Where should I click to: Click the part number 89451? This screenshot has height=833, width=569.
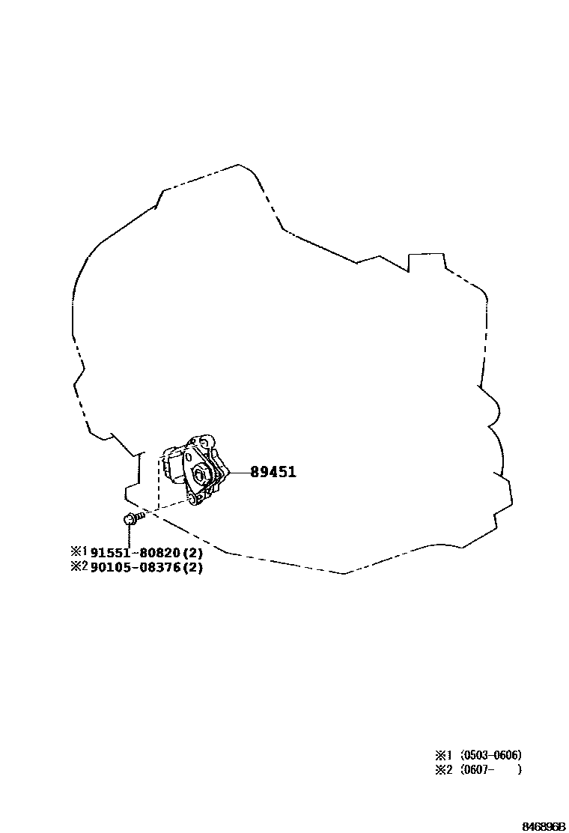(x=273, y=472)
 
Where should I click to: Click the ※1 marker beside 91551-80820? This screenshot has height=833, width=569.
(x=79, y=551)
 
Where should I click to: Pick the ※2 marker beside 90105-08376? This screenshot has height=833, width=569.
(x=79, y=566)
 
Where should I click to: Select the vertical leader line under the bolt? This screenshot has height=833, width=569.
(x=129, y=535)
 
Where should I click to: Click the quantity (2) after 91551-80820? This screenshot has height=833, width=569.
(x=193, y=552)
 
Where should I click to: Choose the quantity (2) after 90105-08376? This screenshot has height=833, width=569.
(x=193, y=567)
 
